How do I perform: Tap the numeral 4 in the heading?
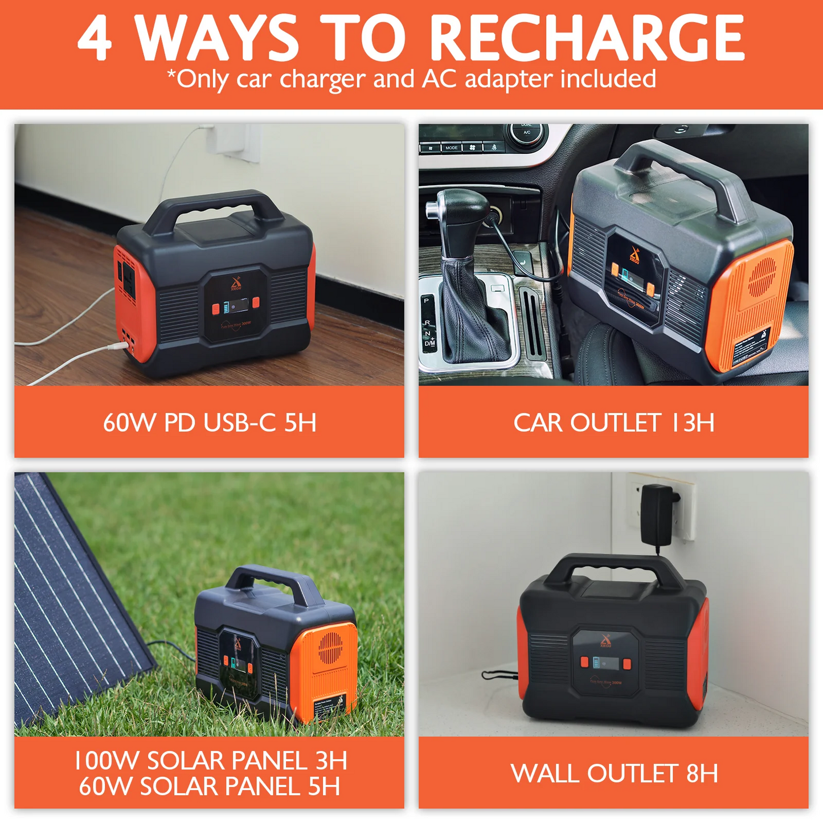click(x=95, y=39)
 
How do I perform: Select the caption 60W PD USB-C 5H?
click(x=209, y=423)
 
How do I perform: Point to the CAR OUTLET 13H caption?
click(x=613, y=423)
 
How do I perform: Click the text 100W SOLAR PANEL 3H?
click(x=210, y=760)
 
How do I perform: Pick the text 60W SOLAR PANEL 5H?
click(x=209, y=787)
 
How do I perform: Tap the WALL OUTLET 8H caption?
click(x=614, y=773)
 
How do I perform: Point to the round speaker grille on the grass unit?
click(x=330, y=647)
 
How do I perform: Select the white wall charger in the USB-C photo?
click(x=231, y=140)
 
